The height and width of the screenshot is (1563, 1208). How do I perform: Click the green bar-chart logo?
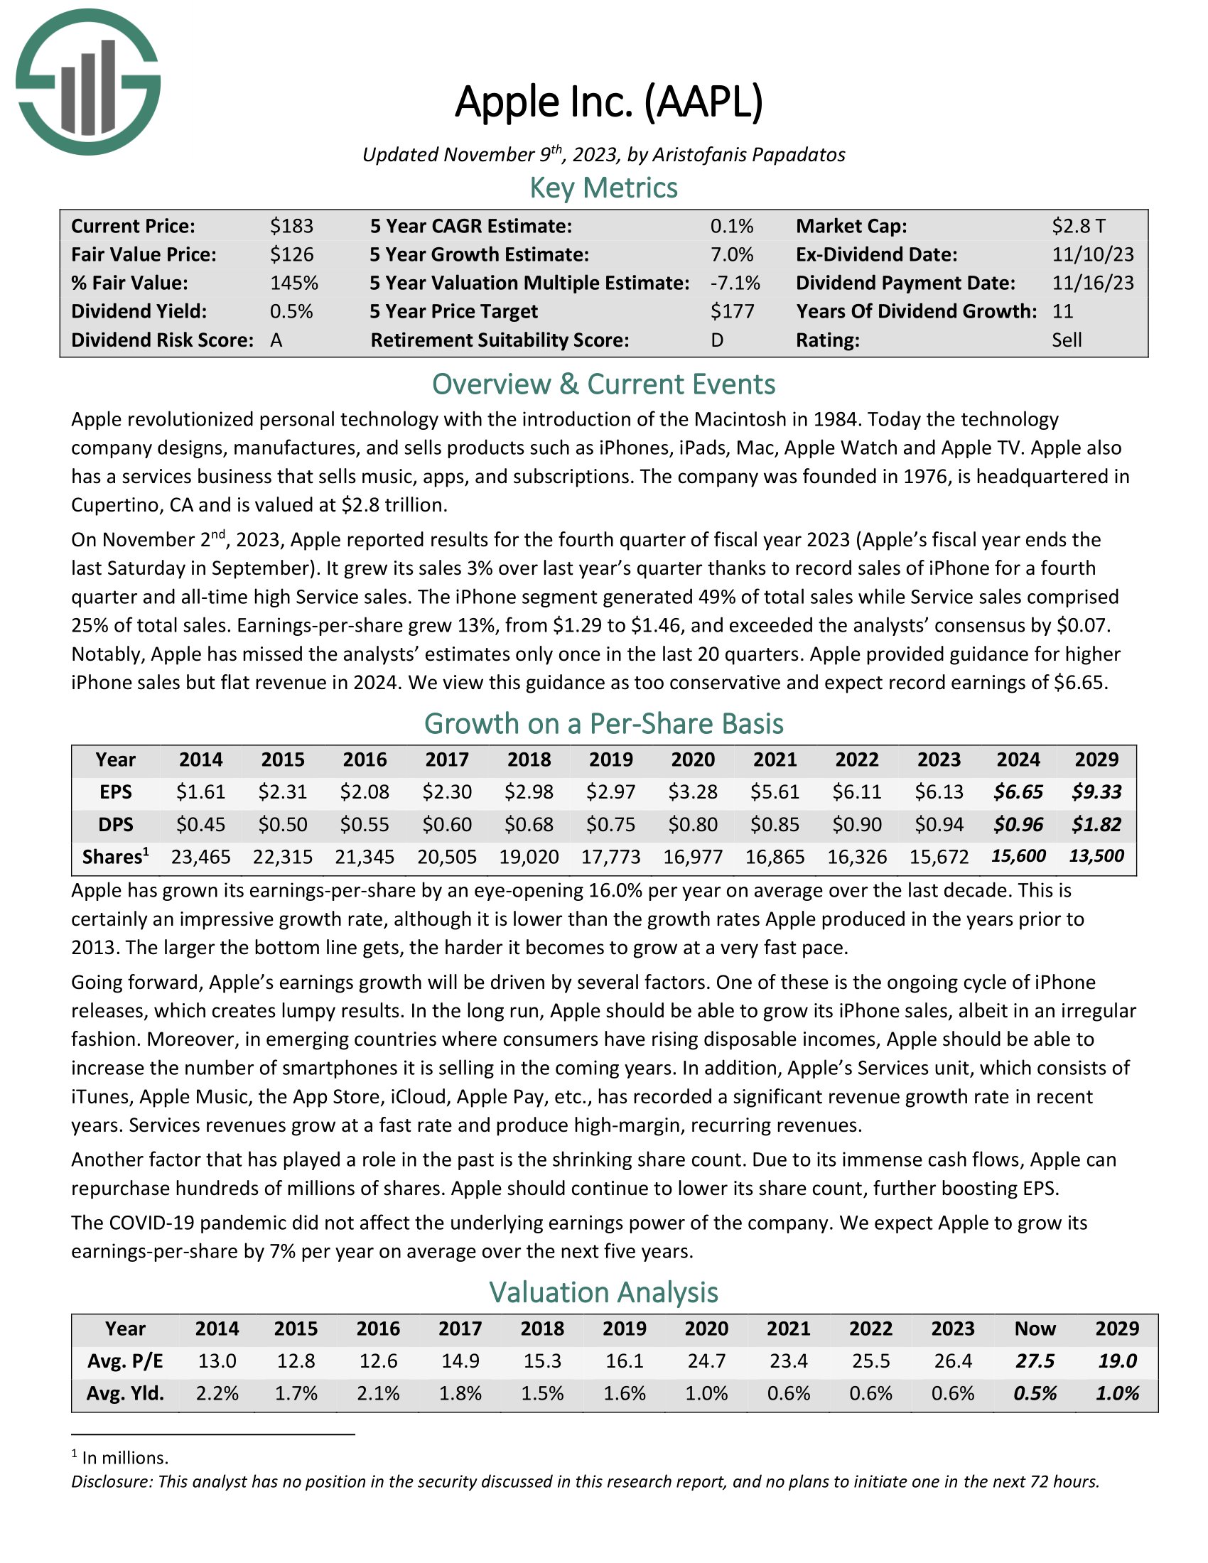point(87,82)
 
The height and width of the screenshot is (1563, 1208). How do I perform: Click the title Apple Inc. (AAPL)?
point(609,102)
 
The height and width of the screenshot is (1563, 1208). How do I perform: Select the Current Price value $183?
point(291,226)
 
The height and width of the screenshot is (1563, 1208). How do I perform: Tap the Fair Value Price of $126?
point(291,255)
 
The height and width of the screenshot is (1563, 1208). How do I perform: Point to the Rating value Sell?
point(1067,340)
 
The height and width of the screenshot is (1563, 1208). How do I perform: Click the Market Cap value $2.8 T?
point(1078,226)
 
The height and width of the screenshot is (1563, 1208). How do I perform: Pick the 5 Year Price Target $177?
point(732,311)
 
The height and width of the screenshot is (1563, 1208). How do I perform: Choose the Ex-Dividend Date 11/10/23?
point(1093,255)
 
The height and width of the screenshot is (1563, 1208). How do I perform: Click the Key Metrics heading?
point(603,188)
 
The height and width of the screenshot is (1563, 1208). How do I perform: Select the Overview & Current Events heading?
point(603,384)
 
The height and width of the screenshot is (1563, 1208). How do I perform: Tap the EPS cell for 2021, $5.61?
point(775,791)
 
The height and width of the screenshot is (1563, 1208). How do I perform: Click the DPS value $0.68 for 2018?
point(529,824)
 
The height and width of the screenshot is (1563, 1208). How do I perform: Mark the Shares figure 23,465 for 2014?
point(201,857)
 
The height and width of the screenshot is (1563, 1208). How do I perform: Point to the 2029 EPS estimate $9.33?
point(1096,791)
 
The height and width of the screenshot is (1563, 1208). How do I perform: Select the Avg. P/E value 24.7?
point(706,1361)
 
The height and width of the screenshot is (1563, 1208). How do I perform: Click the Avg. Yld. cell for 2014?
point(217,1393)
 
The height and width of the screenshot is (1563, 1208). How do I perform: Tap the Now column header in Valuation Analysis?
point(1035,1329)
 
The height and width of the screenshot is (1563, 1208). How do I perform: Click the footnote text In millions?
point(125,1457)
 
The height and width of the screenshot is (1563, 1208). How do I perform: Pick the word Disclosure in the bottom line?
point(111,1481)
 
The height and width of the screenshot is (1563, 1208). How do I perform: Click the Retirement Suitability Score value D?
point(716,340)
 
